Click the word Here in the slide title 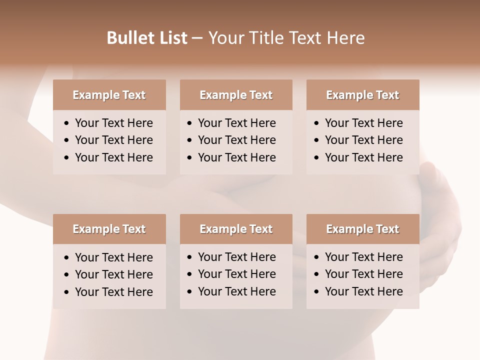point(345,38)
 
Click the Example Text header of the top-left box point(109,95)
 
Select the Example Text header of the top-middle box point(236,95)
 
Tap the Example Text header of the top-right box point(362,95)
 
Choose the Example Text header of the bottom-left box point(109,229)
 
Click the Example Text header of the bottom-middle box point(236,229)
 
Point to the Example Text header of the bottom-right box point(362,229)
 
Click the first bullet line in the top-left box point(113,123)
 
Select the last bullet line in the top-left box point(113,157)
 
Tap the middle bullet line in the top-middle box point(236,140)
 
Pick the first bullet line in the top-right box point(363,123)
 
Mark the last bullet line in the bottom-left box point(113,292)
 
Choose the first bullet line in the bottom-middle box point(236,257)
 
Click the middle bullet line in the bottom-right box point(363,274)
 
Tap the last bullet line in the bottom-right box point(363,291)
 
